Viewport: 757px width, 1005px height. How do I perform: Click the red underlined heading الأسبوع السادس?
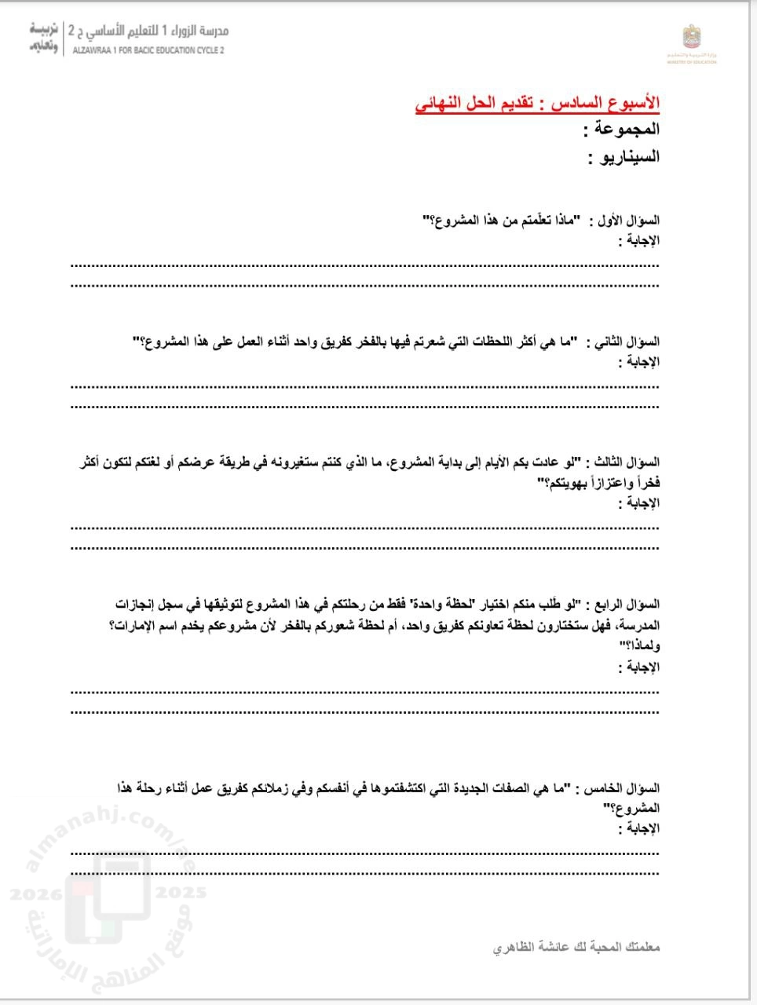pos(538,104)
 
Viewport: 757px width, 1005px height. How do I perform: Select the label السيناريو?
pos(624,156)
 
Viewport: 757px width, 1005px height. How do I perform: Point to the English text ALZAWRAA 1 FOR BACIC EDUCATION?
pos(148,49)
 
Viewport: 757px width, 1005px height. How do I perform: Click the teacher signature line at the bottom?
pos(576,948)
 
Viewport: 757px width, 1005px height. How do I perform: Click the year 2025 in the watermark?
pos(181,893)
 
